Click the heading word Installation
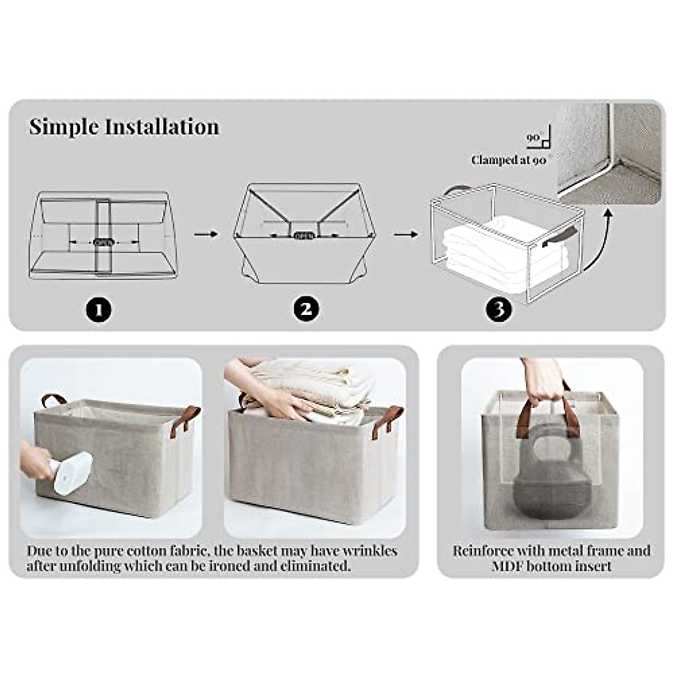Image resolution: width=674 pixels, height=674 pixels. click(x=163, y=127)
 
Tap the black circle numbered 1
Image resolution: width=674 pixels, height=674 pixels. click(x=99, y=309)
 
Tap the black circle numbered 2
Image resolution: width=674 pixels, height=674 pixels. click(x=306, y=309)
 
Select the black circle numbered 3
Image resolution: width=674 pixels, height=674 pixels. click(x=499, y=309)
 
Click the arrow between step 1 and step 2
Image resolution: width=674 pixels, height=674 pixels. click(x=206, y=234)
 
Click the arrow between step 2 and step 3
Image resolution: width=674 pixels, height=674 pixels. click(x=406, y=234)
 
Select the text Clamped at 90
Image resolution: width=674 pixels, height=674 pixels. click(x=509, y=160)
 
